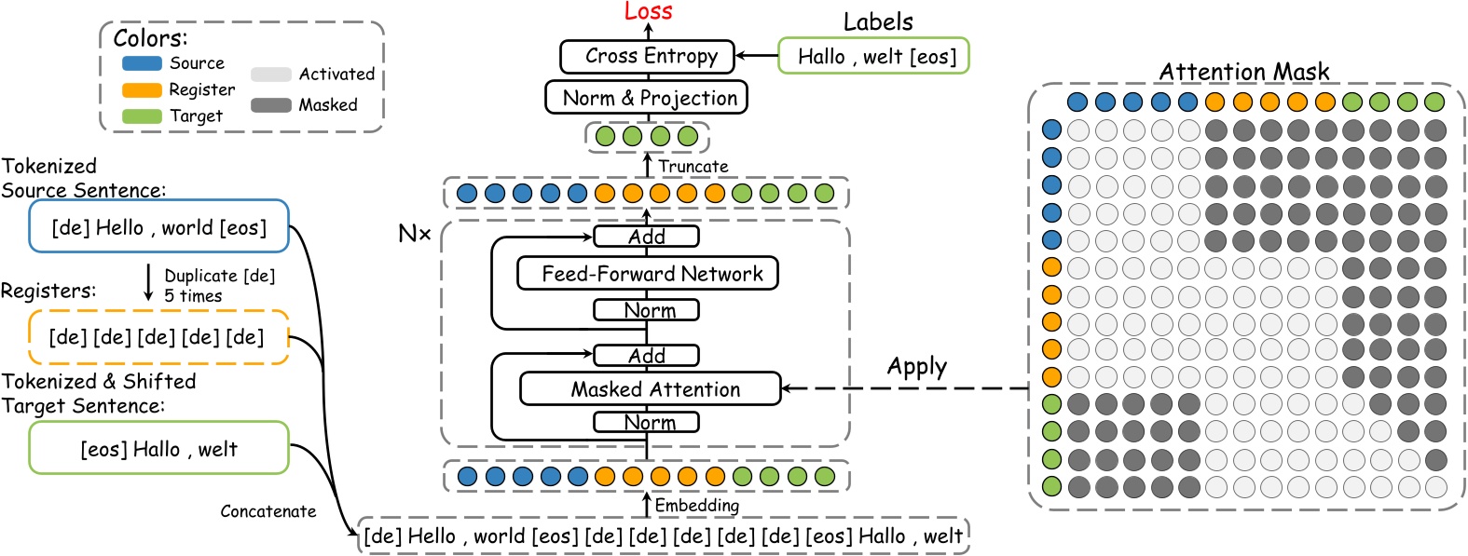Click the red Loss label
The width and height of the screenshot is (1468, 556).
648,11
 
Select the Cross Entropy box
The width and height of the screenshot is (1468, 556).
647,56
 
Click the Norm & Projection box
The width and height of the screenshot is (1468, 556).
647,98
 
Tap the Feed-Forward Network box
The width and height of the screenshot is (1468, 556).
648,274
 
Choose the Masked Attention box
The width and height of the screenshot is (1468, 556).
650,389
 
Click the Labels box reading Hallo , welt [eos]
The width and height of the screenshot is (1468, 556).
873,57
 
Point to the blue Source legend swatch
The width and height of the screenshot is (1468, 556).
142,63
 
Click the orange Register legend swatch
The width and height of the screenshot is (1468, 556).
142,90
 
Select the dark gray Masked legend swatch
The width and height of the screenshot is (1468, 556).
270,105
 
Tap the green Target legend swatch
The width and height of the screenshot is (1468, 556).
142,116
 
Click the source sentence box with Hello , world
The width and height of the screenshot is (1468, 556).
158,227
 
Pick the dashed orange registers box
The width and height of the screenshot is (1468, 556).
158,337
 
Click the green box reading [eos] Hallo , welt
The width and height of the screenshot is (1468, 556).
158,449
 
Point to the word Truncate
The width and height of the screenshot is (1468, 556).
693,167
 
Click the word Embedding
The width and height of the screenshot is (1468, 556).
696,506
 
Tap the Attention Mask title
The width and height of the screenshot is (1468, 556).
1243,72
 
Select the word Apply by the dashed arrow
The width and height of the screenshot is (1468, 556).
916,366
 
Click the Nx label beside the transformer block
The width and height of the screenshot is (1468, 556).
414,234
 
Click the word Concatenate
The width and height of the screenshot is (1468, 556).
268,511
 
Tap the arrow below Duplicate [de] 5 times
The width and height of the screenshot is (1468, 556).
148,283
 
